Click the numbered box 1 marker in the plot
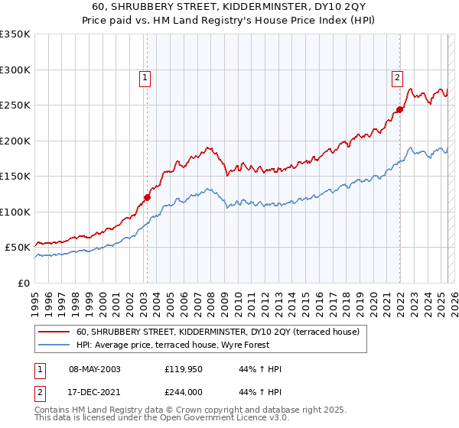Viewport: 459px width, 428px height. click(145, 76)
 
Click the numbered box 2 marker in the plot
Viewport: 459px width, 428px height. click(398, 76)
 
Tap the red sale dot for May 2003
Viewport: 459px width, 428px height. click(147, 197)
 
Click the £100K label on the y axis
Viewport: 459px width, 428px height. click(15, 212)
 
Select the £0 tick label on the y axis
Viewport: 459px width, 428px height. click(23, 283)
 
